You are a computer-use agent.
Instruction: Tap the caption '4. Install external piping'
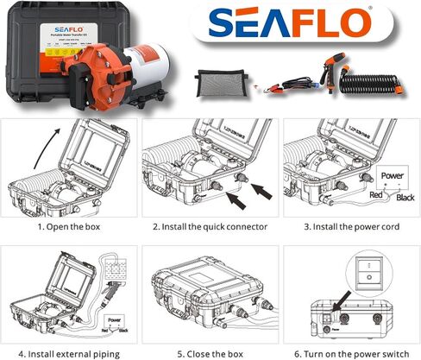point(65,351)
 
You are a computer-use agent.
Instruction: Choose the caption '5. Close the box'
point(210,351)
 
